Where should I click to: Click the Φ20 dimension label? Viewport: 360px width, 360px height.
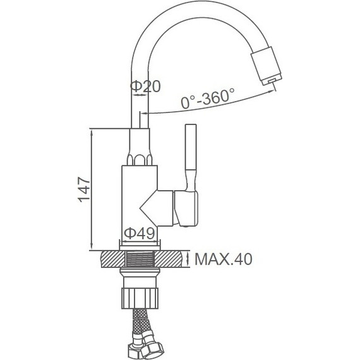click(145, 87)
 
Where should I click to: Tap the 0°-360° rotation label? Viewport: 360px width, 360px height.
click(208, 99)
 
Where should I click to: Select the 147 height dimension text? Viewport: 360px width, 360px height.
click(84, 189)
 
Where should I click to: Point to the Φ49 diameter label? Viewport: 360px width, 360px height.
click(140, 233)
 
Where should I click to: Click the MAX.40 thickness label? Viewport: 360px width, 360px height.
click(224, 259)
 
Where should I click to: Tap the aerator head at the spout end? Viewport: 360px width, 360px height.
click(267, 66)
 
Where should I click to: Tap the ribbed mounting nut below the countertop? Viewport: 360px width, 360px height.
click(140, 299)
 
